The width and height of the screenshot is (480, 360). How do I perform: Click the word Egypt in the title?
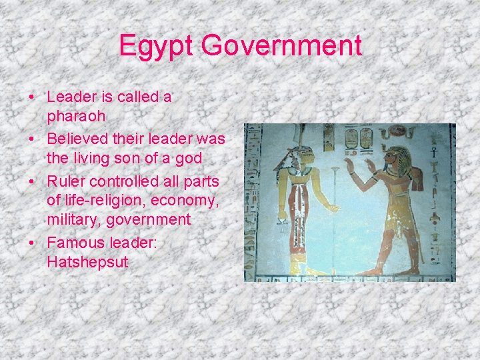pos(156,46)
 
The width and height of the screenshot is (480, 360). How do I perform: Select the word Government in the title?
pos(281,46)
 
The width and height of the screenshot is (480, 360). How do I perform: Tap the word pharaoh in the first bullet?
pos(76,116)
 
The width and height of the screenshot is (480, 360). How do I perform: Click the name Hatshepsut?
pos(87,262)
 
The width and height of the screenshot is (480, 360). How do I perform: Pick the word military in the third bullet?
pos(75,219)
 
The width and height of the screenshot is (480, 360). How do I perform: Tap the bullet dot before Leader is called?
pos(31,97)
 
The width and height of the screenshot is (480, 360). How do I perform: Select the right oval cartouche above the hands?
pos(365,138)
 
